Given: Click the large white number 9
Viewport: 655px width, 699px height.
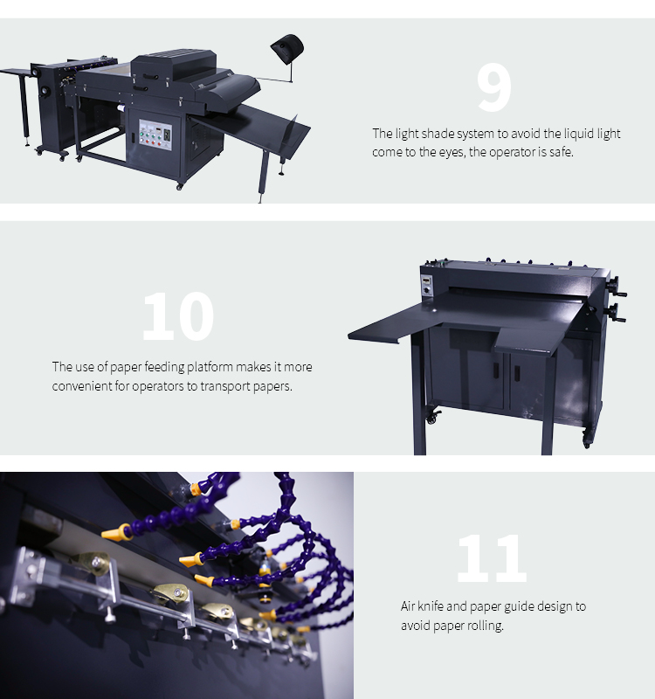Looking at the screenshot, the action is point(493,87).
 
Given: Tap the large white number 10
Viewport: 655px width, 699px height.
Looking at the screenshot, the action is point(178,316).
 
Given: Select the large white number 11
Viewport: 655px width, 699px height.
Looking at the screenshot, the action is point(492,557).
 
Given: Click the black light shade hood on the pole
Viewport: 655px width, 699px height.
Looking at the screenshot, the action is point(287,45).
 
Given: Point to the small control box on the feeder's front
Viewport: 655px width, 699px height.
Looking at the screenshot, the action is point(427,285).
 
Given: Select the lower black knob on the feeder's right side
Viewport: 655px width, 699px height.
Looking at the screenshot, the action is point(616,312).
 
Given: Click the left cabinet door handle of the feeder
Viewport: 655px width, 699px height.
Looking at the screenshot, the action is point(495,372).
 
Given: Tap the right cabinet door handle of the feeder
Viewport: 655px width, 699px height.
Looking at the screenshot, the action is point(517,373).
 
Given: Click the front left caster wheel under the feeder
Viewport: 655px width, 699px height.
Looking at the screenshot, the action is point(432,418).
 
